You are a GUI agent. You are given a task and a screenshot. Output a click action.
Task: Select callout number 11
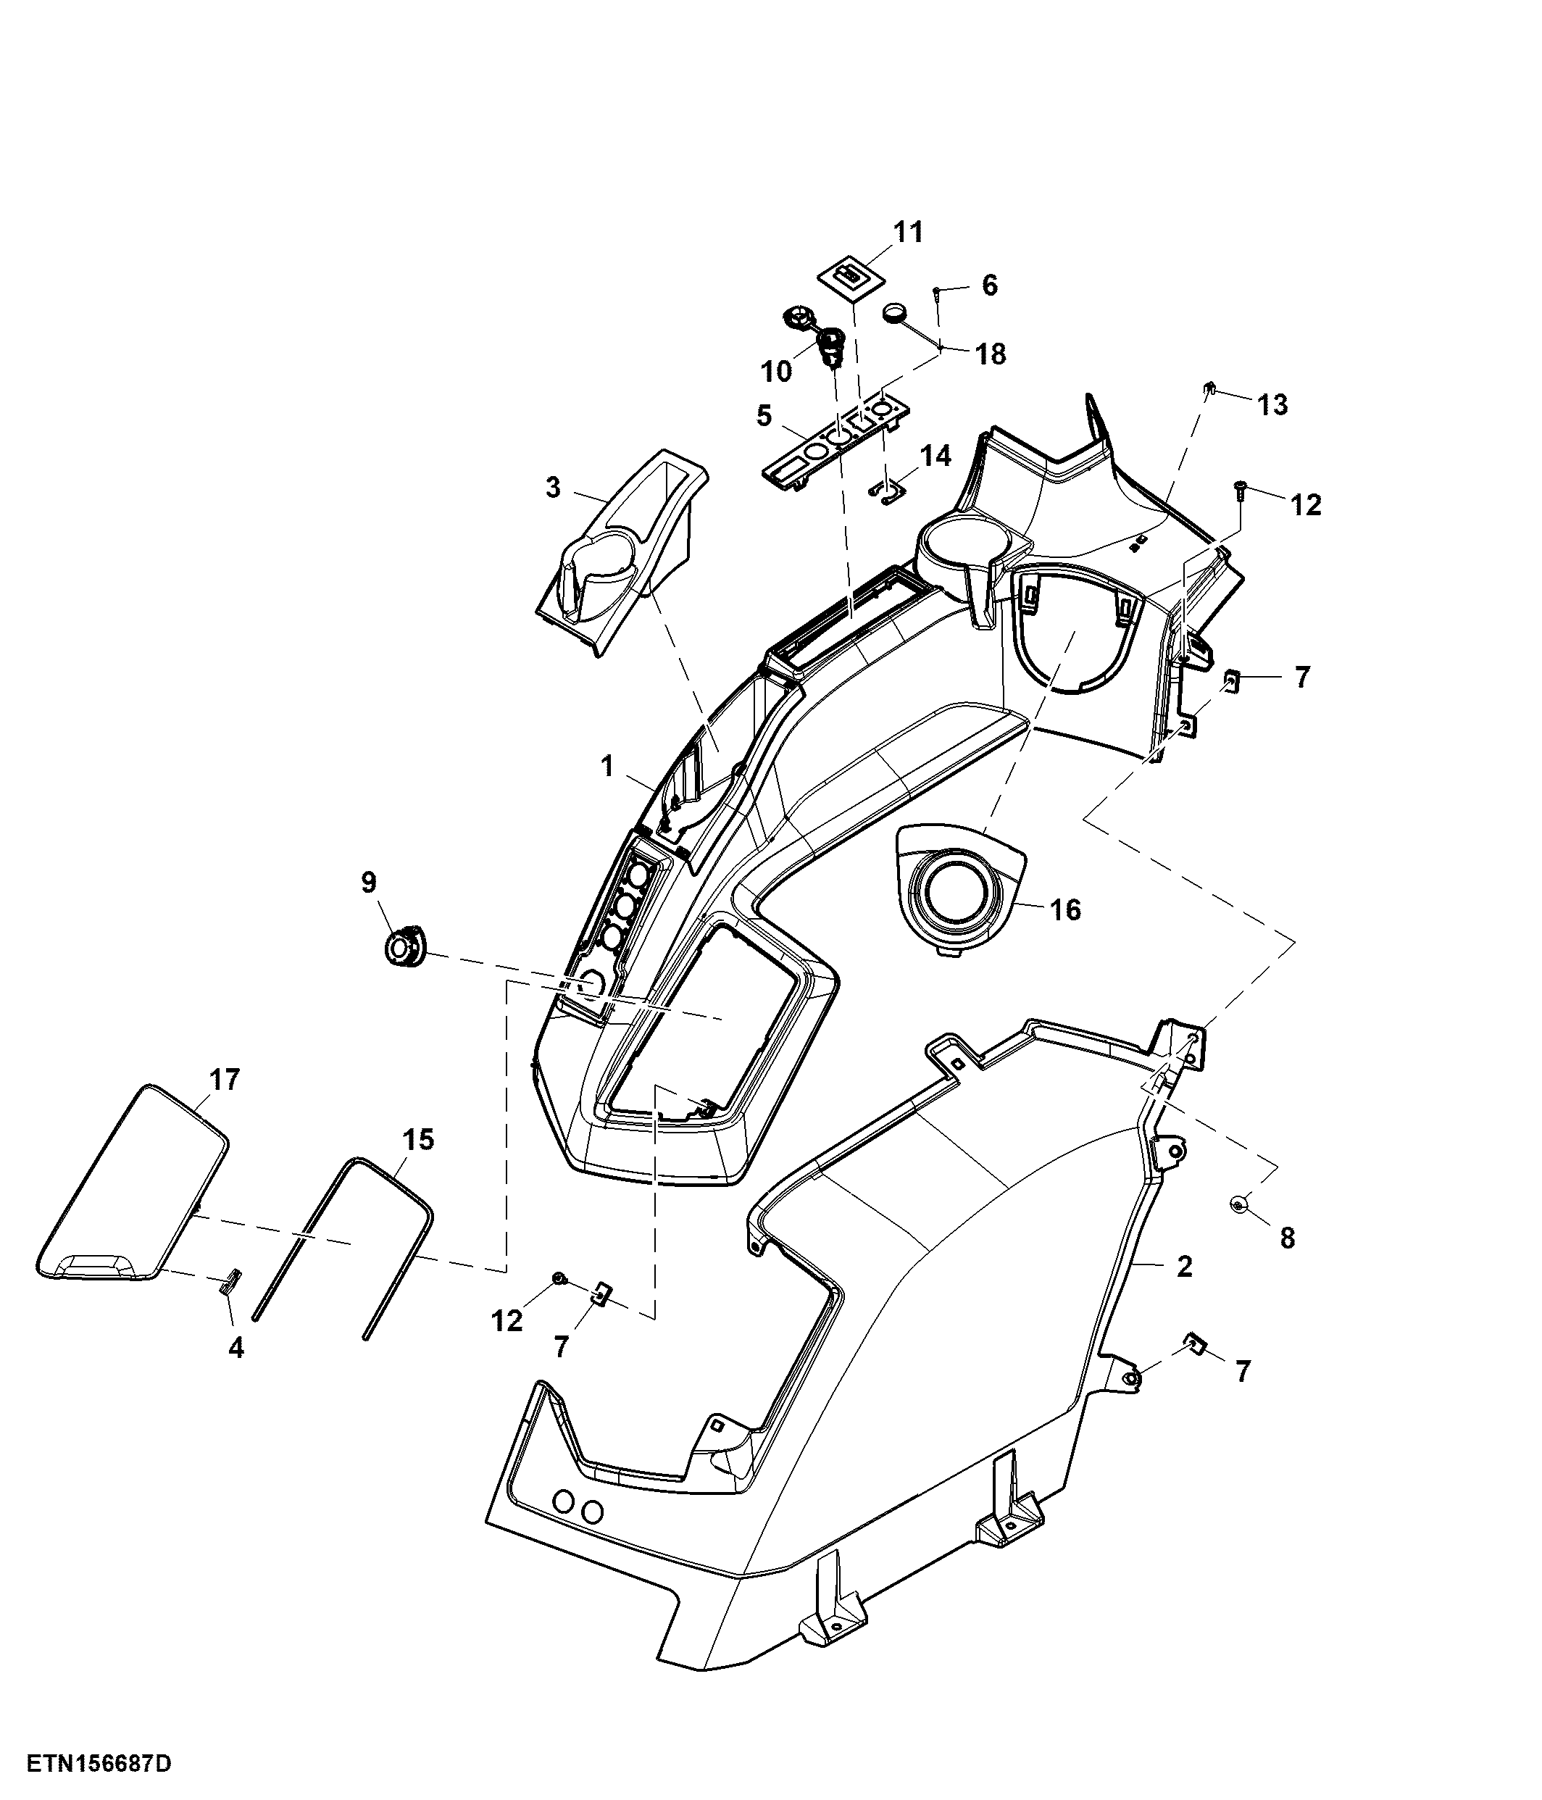[x=908, y=232]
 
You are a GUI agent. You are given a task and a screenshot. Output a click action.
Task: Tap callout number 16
[x=1065, y=909]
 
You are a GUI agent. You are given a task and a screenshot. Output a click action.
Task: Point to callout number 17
[x=224, y=1080]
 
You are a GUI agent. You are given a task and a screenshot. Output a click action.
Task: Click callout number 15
[x=419, y=1139]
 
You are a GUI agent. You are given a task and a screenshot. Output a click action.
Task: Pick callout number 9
[x=370, y=883]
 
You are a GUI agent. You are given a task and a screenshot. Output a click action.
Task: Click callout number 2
[x=1184, y=1266]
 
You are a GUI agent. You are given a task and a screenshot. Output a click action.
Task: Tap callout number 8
[x=1288, y=1238]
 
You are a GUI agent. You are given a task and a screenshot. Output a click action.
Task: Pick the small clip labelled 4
[x=231, y=1282]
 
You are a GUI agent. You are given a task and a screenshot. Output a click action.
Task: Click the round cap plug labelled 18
[x=895, y=312]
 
